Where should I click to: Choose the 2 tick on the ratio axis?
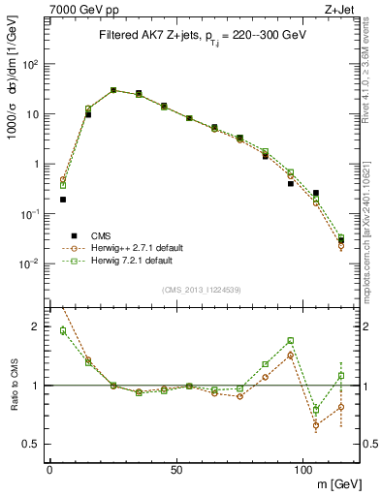coord(36,326)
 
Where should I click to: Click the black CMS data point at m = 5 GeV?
coord(62,200)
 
